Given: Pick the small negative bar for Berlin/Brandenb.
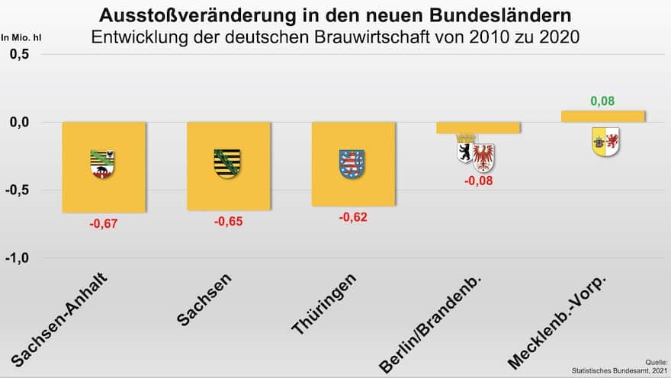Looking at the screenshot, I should pyautogui.click(x=478, y=127).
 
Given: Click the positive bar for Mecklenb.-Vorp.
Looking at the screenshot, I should pyautogui.click(x=603, y=117).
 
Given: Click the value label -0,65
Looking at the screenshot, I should pyautogui.click(x=228, y=221).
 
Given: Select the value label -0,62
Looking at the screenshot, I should pyautogui.click(x=353, y=217).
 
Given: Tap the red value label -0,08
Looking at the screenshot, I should pyautogui.click(x=479, y=181).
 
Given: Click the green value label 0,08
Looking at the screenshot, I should pyautogui.click(x=602, y=101).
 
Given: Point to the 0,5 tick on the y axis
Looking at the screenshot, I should pyautogui.click(x=20, y=55).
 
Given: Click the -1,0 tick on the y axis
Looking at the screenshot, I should pyautogui.click(x=18, y=258).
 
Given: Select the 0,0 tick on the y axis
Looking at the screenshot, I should pyautogui.click(x=20, y=123).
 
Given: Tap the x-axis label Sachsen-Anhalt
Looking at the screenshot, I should pyautogui.click(x=59, y=319).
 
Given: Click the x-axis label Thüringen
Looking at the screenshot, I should pyautogui.click(x=324, y=303).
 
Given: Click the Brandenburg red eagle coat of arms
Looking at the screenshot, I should pyautogui.click(x=483, y=157).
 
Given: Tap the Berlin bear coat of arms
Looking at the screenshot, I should pyautogui.click(x=464, y=152).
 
